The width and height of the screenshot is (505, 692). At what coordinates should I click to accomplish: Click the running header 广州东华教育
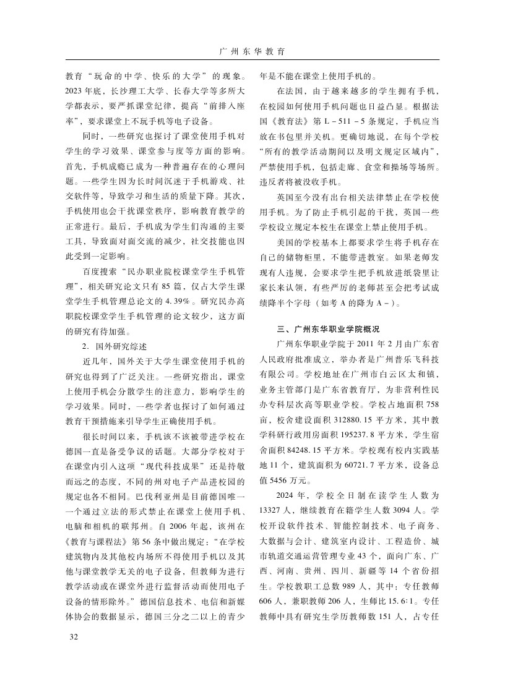point(252,51)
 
